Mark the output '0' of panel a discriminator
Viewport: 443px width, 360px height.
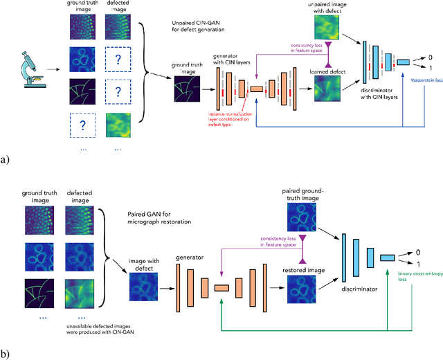click(x=429, y=57)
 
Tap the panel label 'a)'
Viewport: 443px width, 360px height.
click(x=6, y=159)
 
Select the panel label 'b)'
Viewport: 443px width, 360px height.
click(x=6, y=354)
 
